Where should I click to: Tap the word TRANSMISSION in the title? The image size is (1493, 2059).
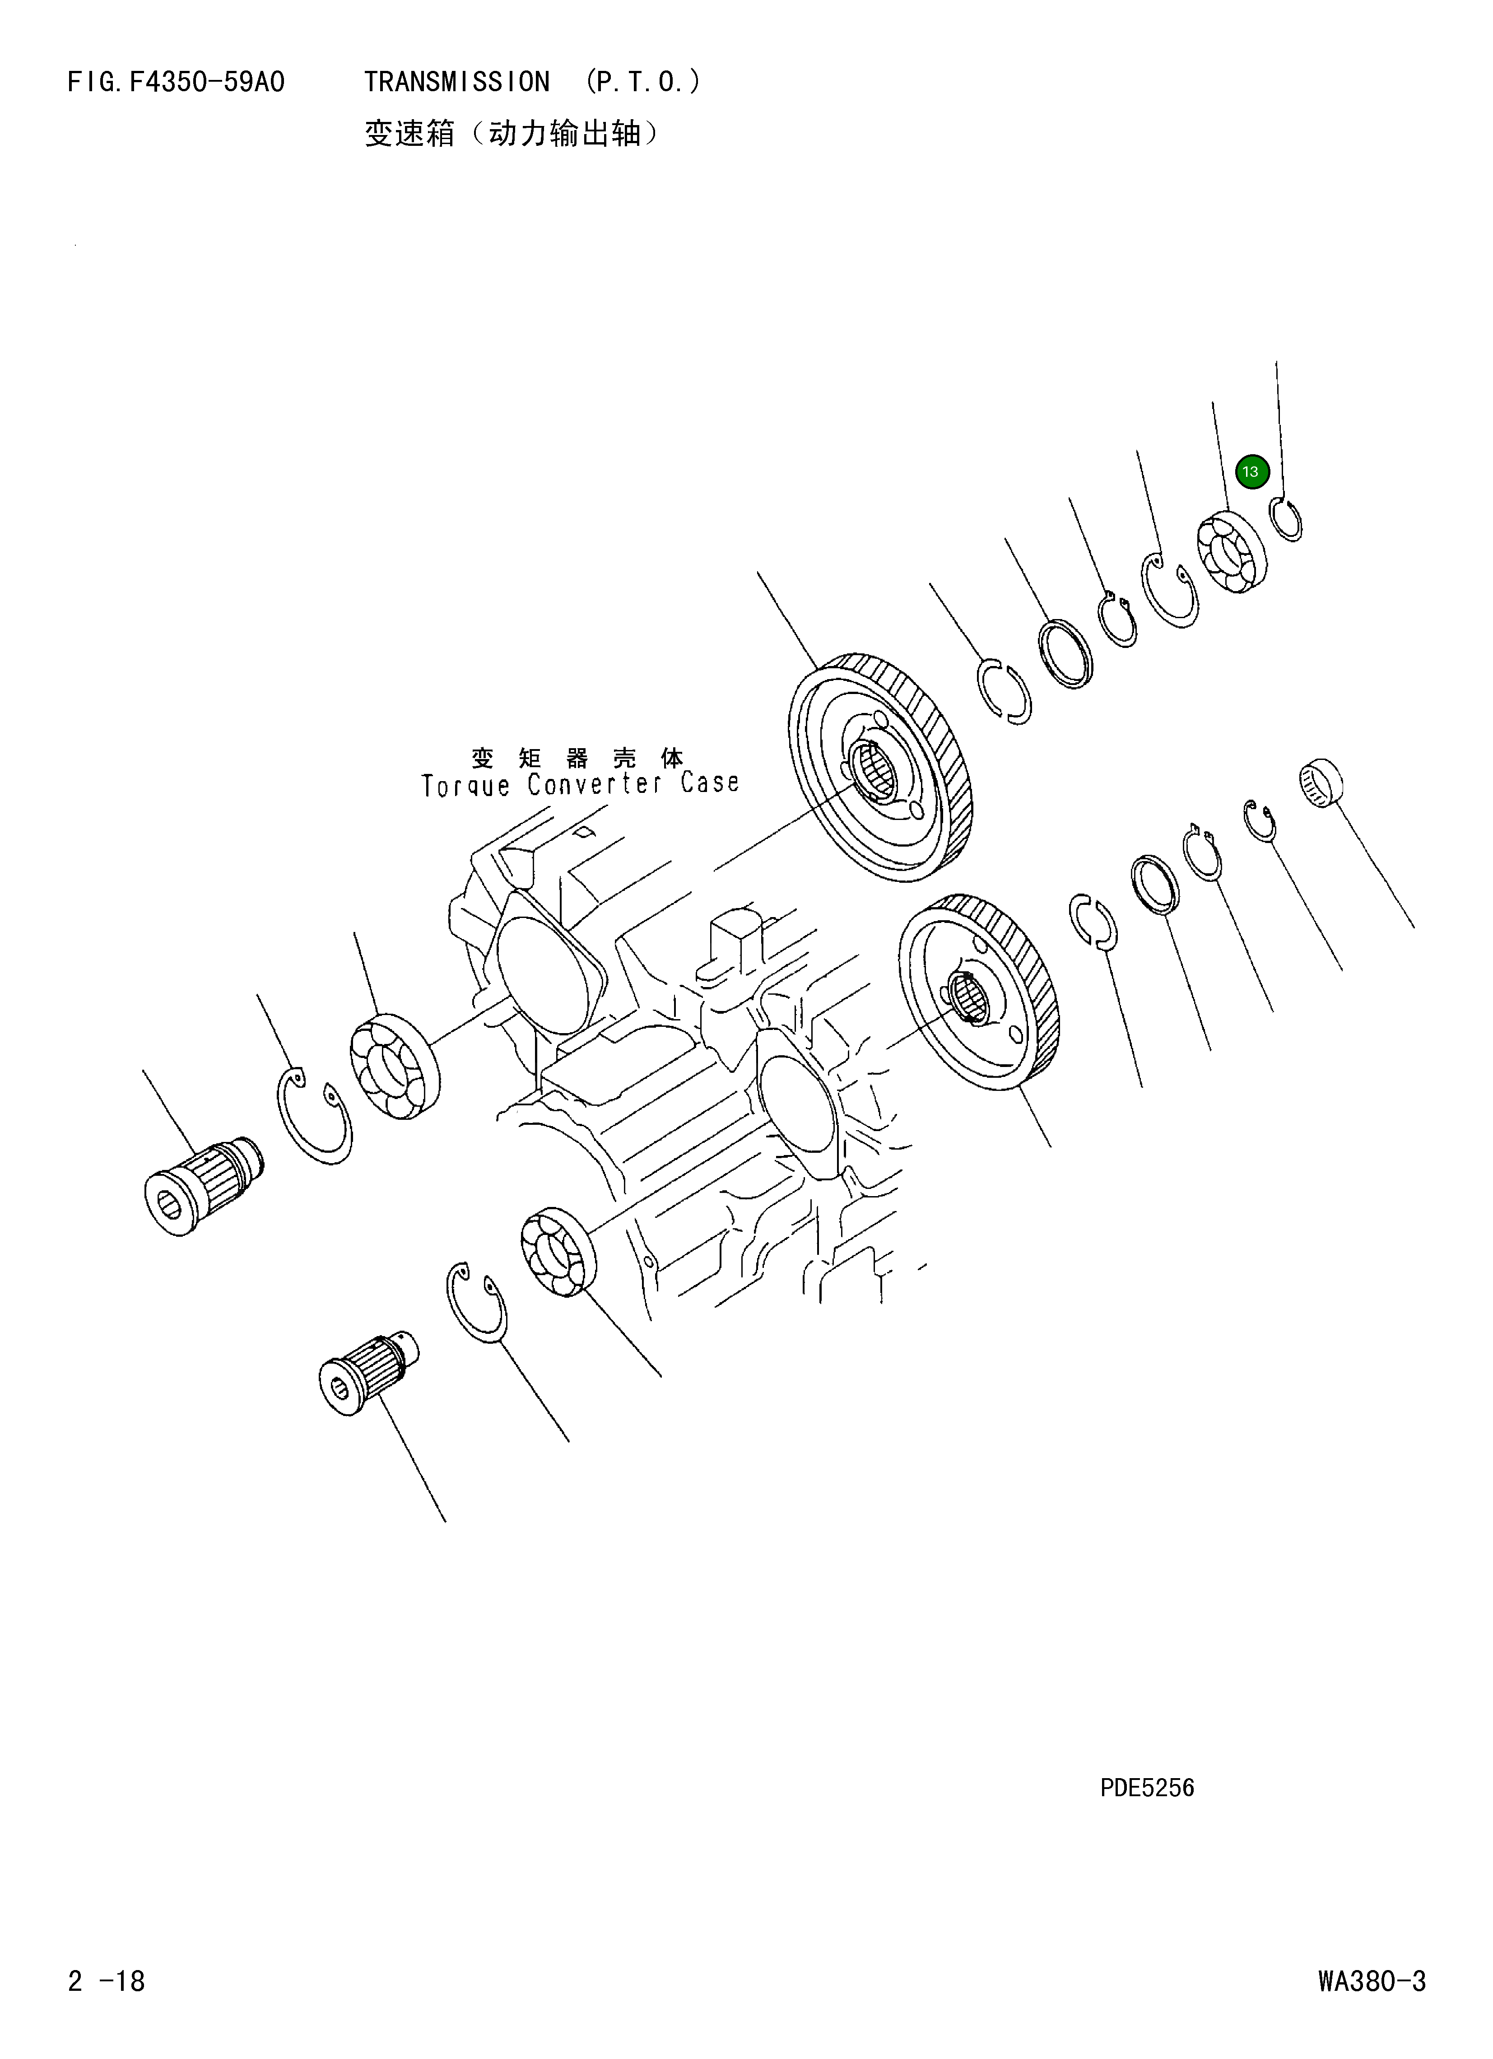pos(456,83)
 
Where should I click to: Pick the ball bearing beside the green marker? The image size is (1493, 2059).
pos(1232,554)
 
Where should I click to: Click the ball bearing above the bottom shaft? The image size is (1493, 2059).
pos(558,1252)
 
